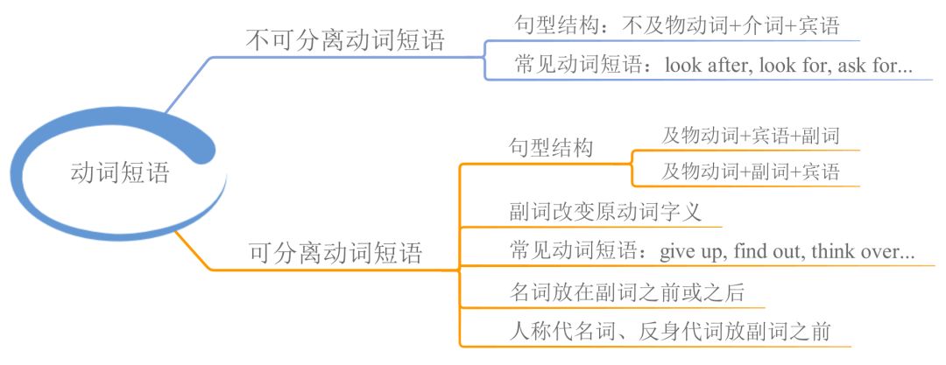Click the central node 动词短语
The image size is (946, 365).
coord(119,172)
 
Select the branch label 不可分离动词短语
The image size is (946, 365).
coord(345,40)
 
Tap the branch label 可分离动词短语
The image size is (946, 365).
coord(336,254)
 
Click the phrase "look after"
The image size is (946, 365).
coord(706,65)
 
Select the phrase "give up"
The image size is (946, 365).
coord(692,252)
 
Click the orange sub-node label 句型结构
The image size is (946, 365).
coord(551,148)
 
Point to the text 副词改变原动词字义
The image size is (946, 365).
coord(604,212)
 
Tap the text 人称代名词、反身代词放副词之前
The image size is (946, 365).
coord(669,332)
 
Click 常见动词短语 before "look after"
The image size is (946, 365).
coord(578,65)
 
